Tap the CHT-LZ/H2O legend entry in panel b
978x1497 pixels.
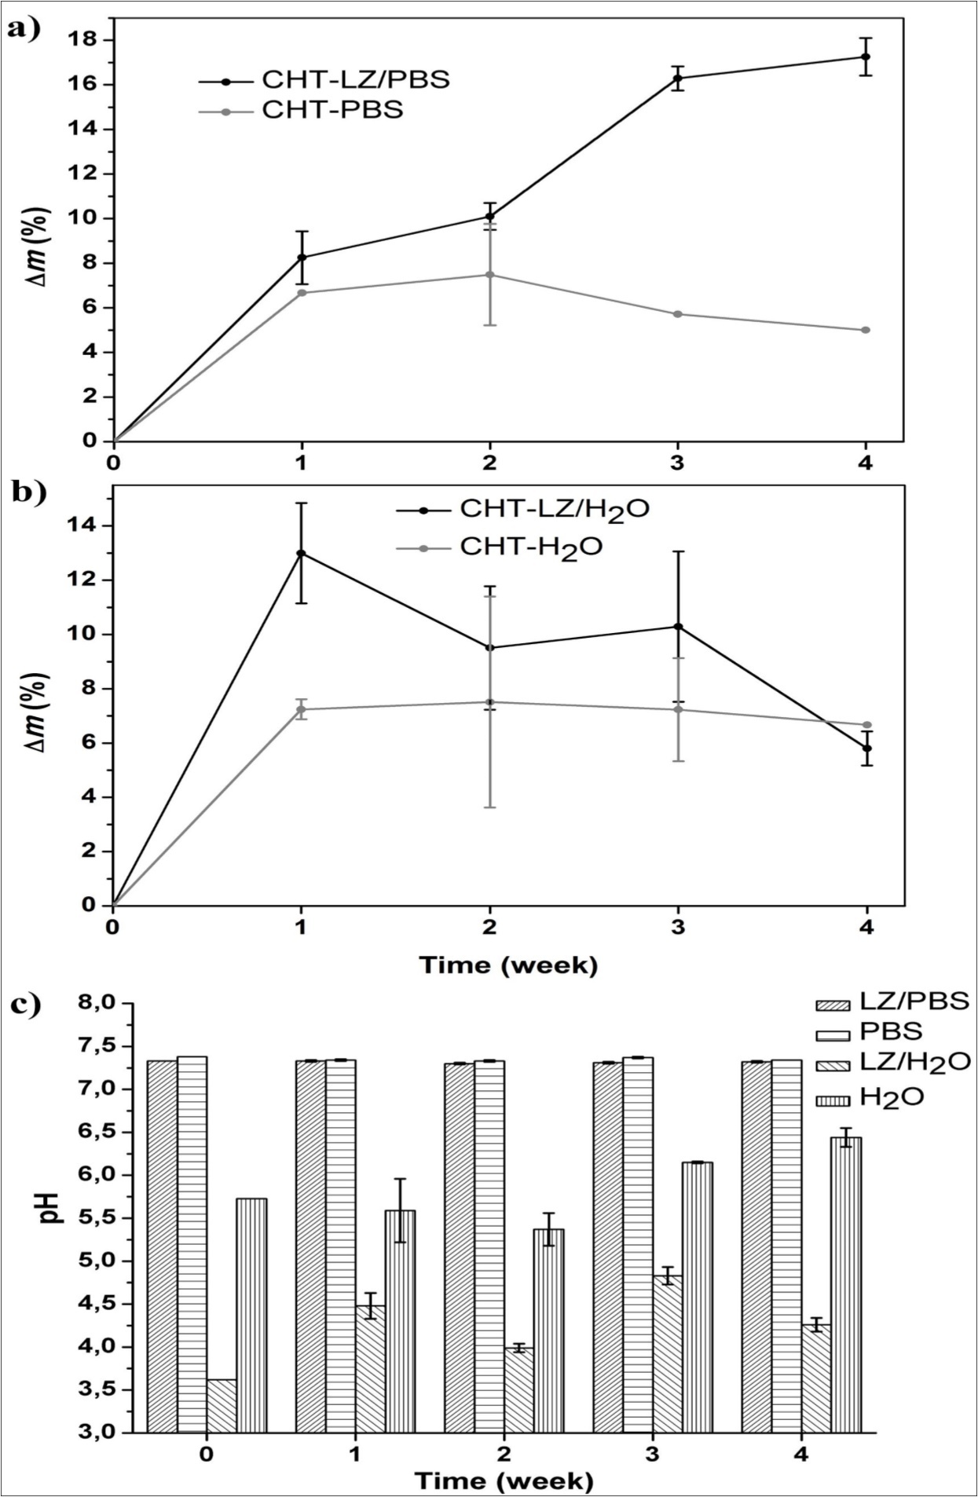coord(554,510)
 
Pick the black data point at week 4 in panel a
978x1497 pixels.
coord(866,57)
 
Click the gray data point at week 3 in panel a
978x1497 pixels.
coord(677,314)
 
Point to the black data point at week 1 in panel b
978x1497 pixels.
coord(301,553)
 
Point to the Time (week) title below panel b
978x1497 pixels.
coord(507,964)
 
